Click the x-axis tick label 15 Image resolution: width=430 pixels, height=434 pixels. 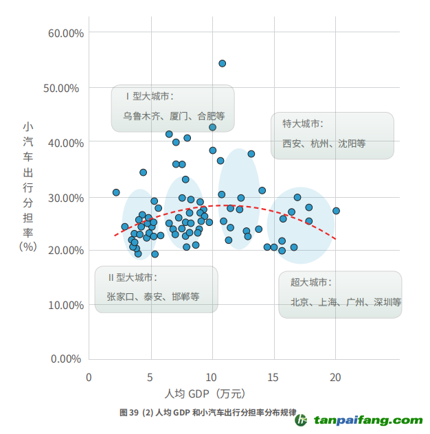point(274,377)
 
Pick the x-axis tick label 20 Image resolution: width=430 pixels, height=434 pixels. point(335,377)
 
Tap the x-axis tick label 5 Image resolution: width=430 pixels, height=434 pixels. point(150,377)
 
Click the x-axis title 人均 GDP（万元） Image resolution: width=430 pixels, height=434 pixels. point(205,394)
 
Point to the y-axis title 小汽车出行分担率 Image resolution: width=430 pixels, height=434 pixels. point(27,179)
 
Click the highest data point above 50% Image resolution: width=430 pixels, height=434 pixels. point(223,63)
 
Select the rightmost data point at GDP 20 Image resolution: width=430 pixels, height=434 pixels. point(336,211)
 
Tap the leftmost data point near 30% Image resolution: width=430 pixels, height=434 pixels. point(116,192)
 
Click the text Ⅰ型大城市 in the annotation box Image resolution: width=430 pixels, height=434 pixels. point(149,96)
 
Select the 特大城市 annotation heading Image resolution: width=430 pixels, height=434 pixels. point(302,124)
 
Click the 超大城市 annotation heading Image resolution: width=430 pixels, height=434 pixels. point(311,282)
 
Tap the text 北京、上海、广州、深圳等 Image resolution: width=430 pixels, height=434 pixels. point(346,302)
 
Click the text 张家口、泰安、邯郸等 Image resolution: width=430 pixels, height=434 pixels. point(152,297)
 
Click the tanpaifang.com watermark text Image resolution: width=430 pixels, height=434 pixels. point(368,420)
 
